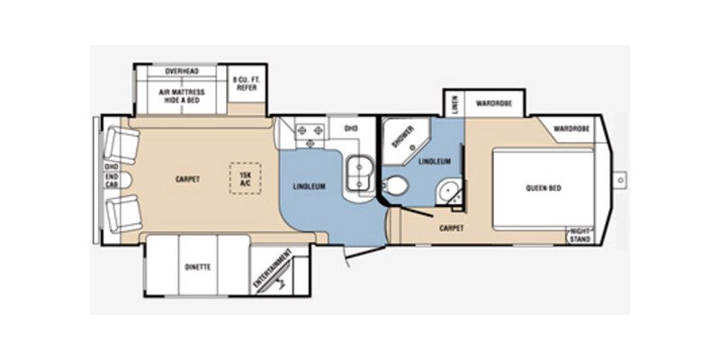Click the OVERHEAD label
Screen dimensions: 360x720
coord(181,71)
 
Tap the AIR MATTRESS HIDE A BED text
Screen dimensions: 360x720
coord(182,96)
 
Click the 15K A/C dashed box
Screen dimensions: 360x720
coord(243,176)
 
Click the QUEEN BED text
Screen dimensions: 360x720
coord(544,188)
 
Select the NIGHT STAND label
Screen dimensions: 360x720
coord(579,235)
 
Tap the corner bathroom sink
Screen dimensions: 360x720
coord(448,192)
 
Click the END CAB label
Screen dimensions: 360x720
coord(112,180)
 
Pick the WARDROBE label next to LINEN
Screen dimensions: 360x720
coord(493,103)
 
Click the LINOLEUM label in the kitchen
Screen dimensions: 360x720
coord(308,186)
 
